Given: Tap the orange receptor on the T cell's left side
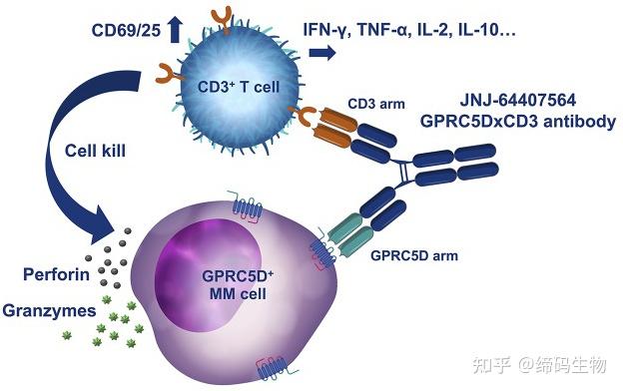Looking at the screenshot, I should [168, 72].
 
